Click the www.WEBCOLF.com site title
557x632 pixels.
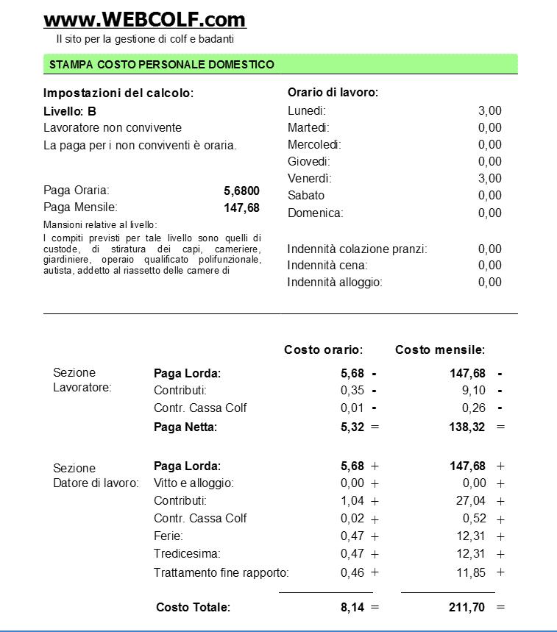click(145, 19)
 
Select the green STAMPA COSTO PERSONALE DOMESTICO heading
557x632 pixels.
click(162, 65)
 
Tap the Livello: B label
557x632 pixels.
click(70, 111)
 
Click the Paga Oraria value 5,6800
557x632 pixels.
click(241, 191)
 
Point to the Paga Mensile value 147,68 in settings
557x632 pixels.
click(241, 207)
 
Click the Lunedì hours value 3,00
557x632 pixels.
click(489, 110)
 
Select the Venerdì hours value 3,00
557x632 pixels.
click(489, 178)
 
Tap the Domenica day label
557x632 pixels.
click(315, 213)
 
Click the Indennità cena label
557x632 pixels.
click(327, 265)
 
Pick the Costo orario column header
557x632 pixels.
click(324, 349)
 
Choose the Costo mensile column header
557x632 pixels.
click(440, 349)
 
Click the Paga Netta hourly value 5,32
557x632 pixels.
click(352, 427)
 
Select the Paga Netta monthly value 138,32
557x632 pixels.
click(467, 427)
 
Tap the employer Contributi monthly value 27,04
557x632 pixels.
click(471, 501)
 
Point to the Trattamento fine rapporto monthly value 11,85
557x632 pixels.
click(471, 572)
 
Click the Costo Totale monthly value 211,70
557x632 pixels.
click(467, 607)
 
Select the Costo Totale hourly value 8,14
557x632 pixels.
click(352, 607)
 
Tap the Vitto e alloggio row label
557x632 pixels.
click(194, 483)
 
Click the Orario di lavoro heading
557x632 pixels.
click(333, 93)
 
